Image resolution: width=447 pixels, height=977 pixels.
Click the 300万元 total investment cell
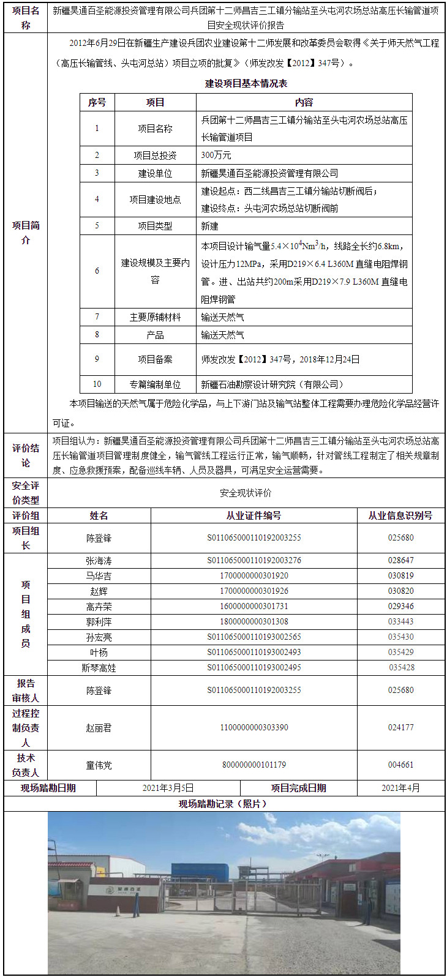216,155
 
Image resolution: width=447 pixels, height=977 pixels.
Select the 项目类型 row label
155,226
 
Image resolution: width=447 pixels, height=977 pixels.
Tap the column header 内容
304,102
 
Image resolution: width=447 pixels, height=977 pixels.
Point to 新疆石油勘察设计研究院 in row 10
272,384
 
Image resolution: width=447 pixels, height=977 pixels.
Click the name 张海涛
99,560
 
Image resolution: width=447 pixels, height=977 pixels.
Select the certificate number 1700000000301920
254,575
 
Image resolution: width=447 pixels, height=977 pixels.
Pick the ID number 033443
401,621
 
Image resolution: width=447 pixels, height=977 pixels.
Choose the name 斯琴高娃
99,668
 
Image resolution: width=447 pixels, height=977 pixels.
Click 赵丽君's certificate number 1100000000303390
254,727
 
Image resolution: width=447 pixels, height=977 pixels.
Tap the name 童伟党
99,765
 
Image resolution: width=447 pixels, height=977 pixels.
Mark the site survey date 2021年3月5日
168,788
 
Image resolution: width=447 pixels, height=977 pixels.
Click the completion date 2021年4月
401,788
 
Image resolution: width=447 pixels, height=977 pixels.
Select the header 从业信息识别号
400,515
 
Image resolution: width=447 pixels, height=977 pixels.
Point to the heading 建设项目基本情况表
246,83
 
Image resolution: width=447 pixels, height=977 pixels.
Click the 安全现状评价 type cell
246,493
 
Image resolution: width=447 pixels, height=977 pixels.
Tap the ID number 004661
401,765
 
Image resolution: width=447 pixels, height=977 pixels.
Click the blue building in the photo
200,872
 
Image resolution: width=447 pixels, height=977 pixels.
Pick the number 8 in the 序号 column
97,335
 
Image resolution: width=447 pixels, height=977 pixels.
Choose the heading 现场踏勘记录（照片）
223,804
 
